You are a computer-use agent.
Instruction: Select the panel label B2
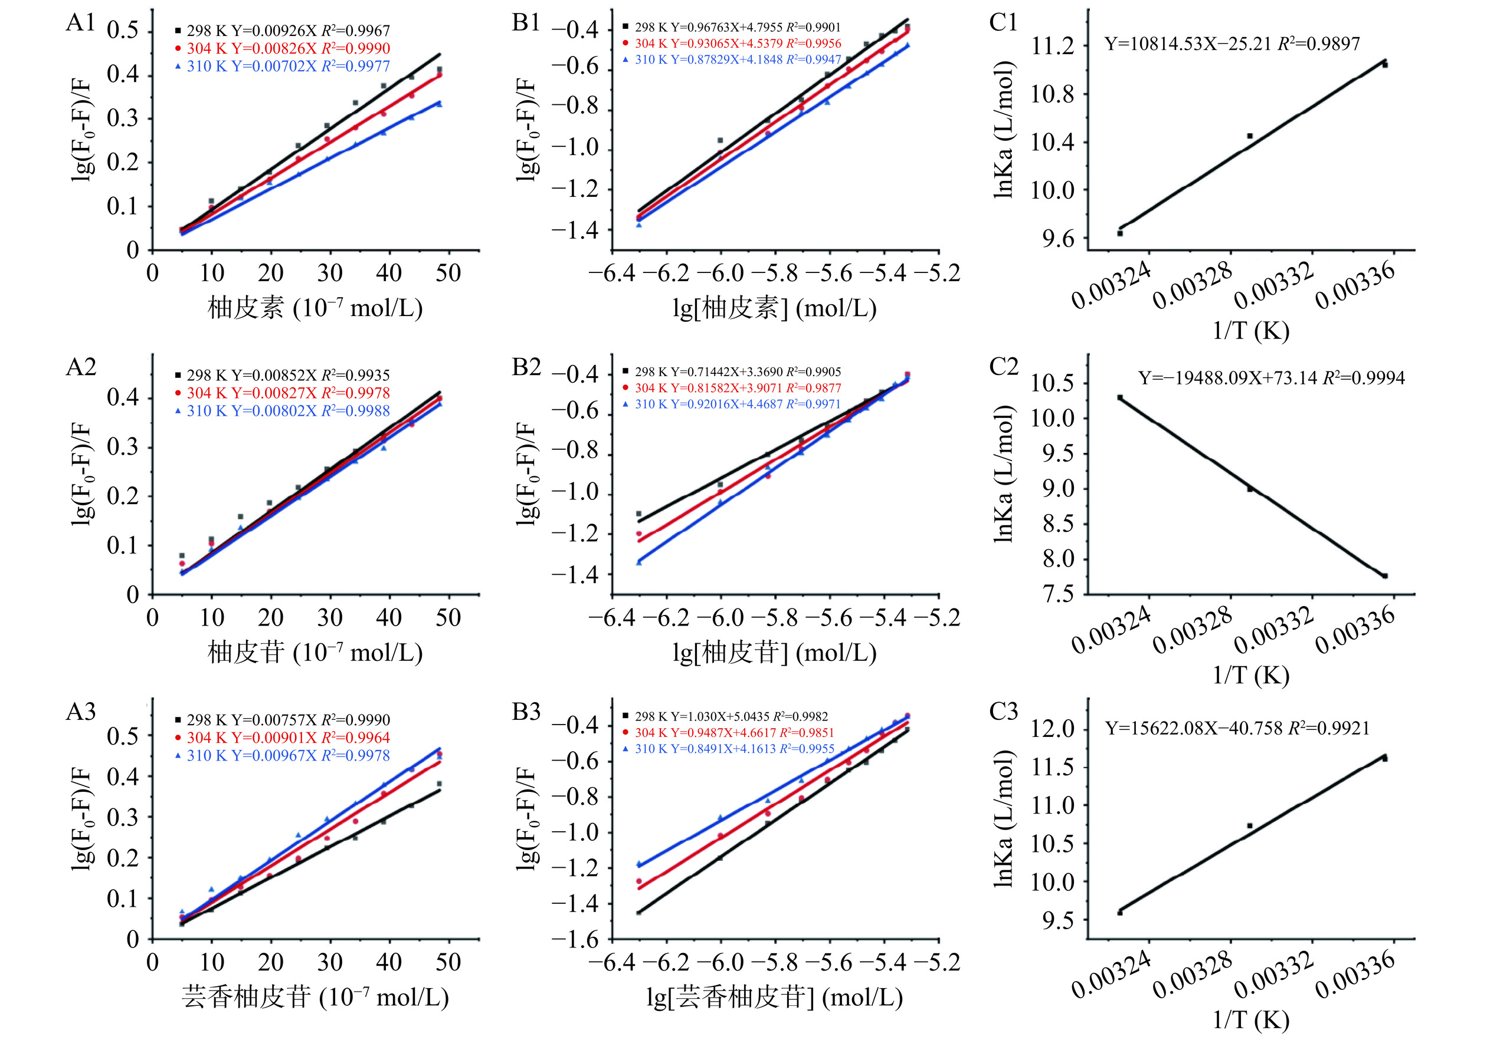click(526, 367)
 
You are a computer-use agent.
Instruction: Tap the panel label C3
click(1003, 711)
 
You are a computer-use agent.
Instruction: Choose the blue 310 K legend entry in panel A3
click(283, 755)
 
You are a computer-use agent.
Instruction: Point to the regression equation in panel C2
click(1272, 378)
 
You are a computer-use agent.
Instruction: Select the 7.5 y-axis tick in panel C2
click(1057, 594)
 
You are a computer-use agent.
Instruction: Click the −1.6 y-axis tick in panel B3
click(576, 940)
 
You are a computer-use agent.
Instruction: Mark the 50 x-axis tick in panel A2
click(448, 618)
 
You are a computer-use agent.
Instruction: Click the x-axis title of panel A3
click(316, 998)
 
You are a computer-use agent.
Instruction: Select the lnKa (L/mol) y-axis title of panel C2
click(1003, 474)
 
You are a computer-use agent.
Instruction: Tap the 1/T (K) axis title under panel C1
click(1250, 331)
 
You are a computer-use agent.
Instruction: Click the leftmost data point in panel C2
click(1120, 397)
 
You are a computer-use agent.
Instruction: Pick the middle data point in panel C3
click(1250, 826)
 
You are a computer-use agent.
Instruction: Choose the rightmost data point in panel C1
click(1385, 64)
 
